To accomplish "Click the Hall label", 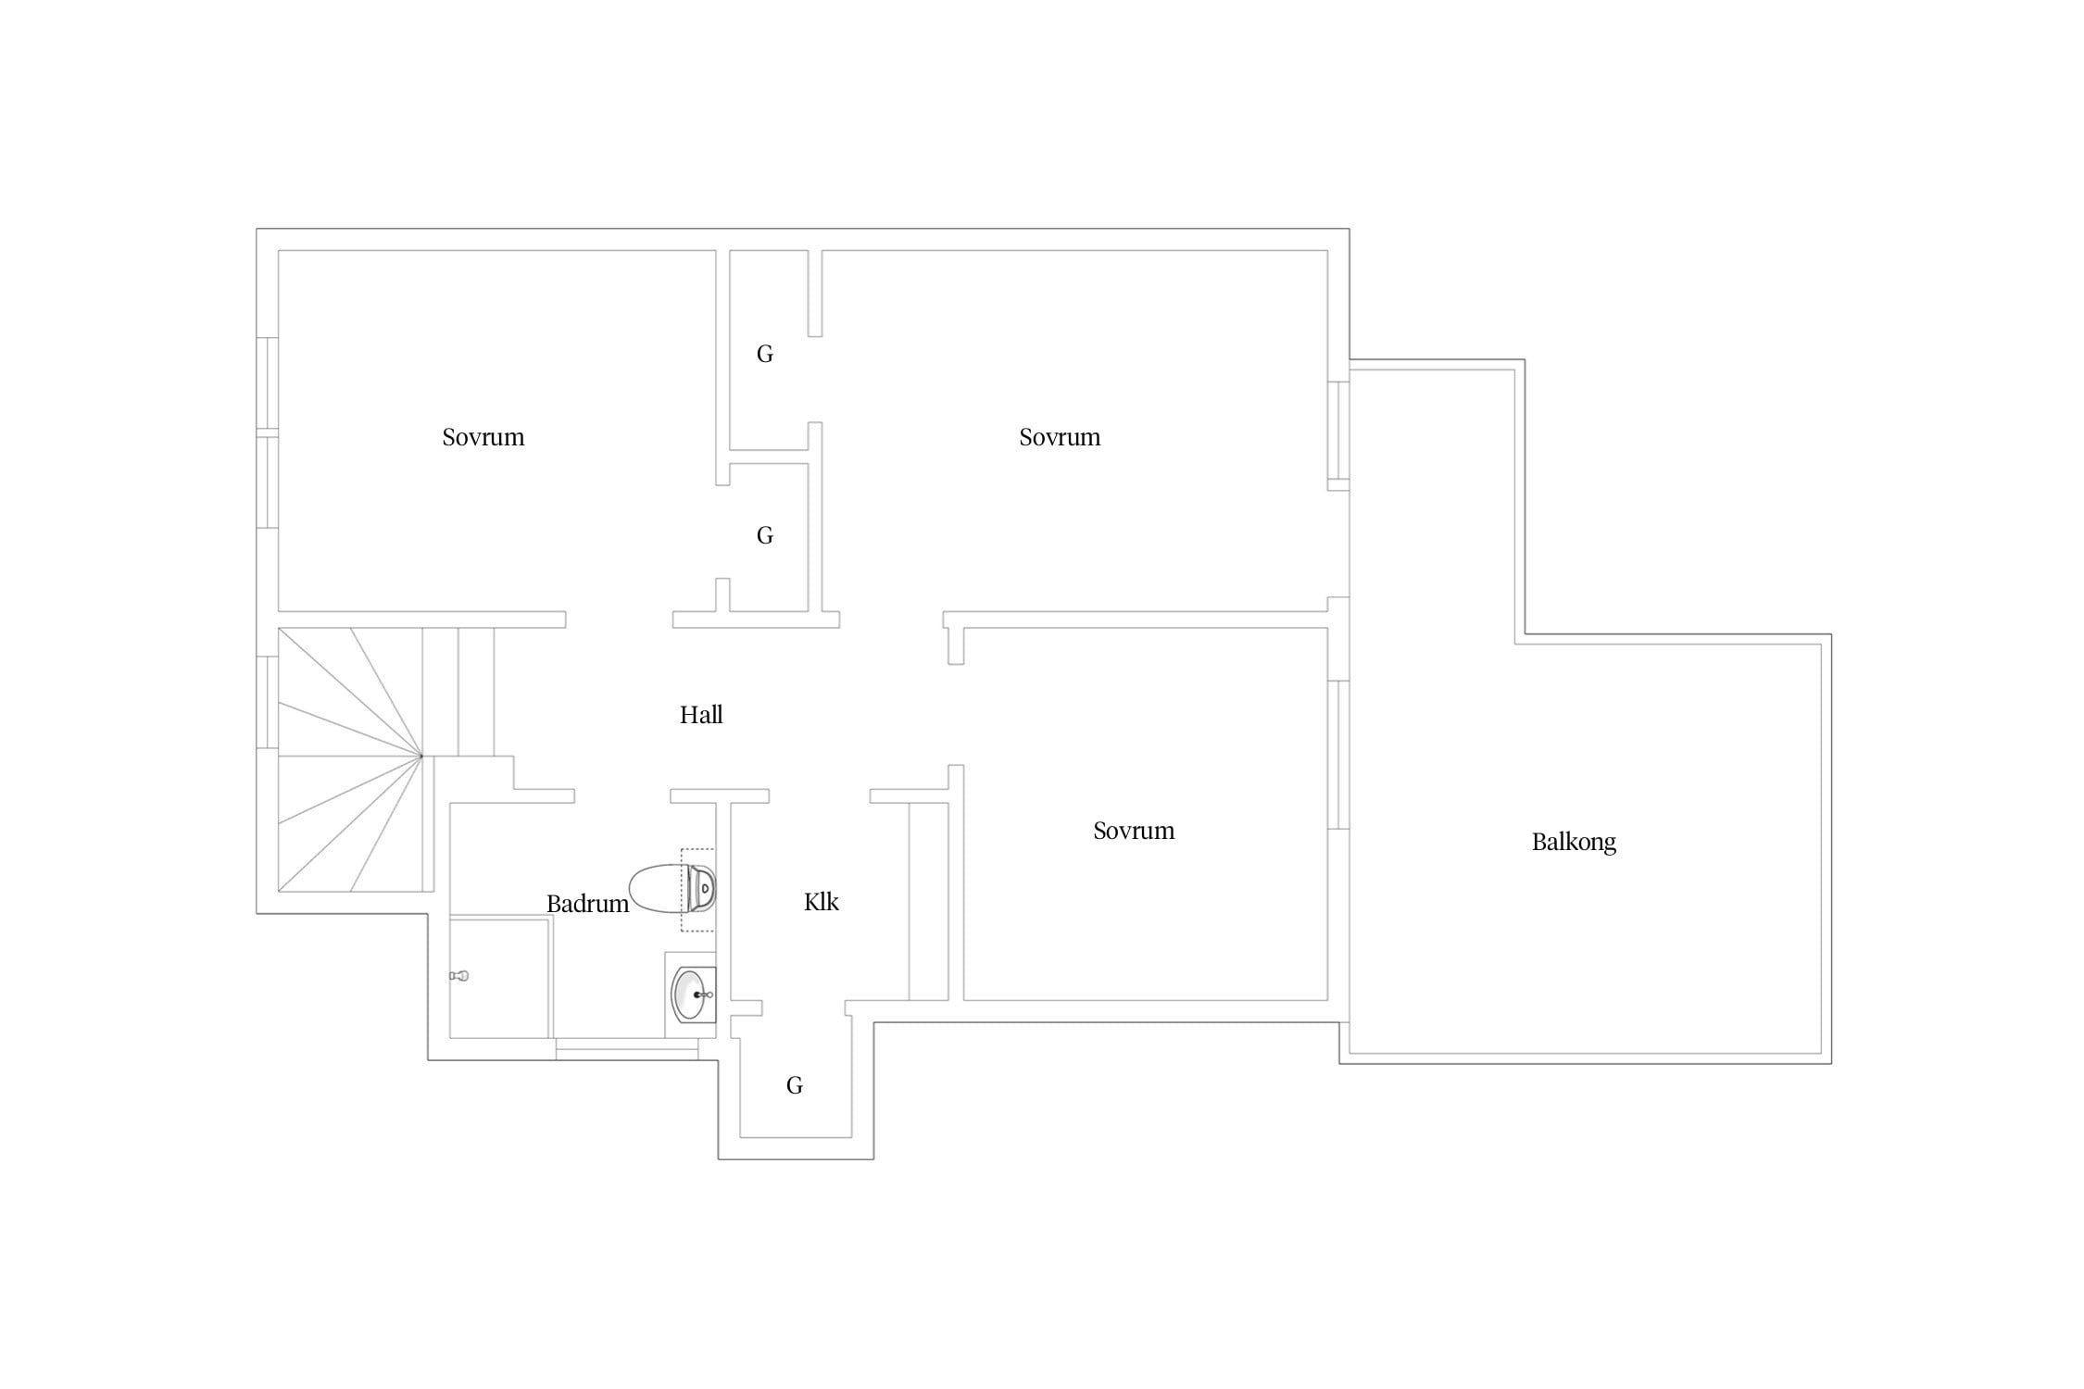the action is [x=701, y=715].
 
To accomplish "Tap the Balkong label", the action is [x=1574, y=843].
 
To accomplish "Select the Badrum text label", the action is [x=587, y=904].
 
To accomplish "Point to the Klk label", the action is [x=822, y=902].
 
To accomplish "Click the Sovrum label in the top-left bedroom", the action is [x=483, y=437].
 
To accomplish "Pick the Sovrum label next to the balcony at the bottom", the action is [x=1134, y=831].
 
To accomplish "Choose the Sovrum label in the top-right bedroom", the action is [x=1060, y=437].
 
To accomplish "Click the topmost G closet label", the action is [x=765, y=354].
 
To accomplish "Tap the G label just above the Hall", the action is [x=765, y=535].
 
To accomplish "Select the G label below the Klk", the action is [x=795, y=1085].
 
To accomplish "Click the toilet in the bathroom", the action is [x=672, y=889].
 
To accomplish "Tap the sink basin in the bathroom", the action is [x=693, y=995].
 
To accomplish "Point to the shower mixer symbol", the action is [x=459, y=976].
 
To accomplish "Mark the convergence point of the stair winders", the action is [x=421, y=757].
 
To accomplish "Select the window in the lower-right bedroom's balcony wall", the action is [x=1338, y=755].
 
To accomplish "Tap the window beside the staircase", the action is [x=268, y=702].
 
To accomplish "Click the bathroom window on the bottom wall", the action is [x=627, y=1049].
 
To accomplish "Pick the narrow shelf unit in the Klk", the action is [x=928, y=901].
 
